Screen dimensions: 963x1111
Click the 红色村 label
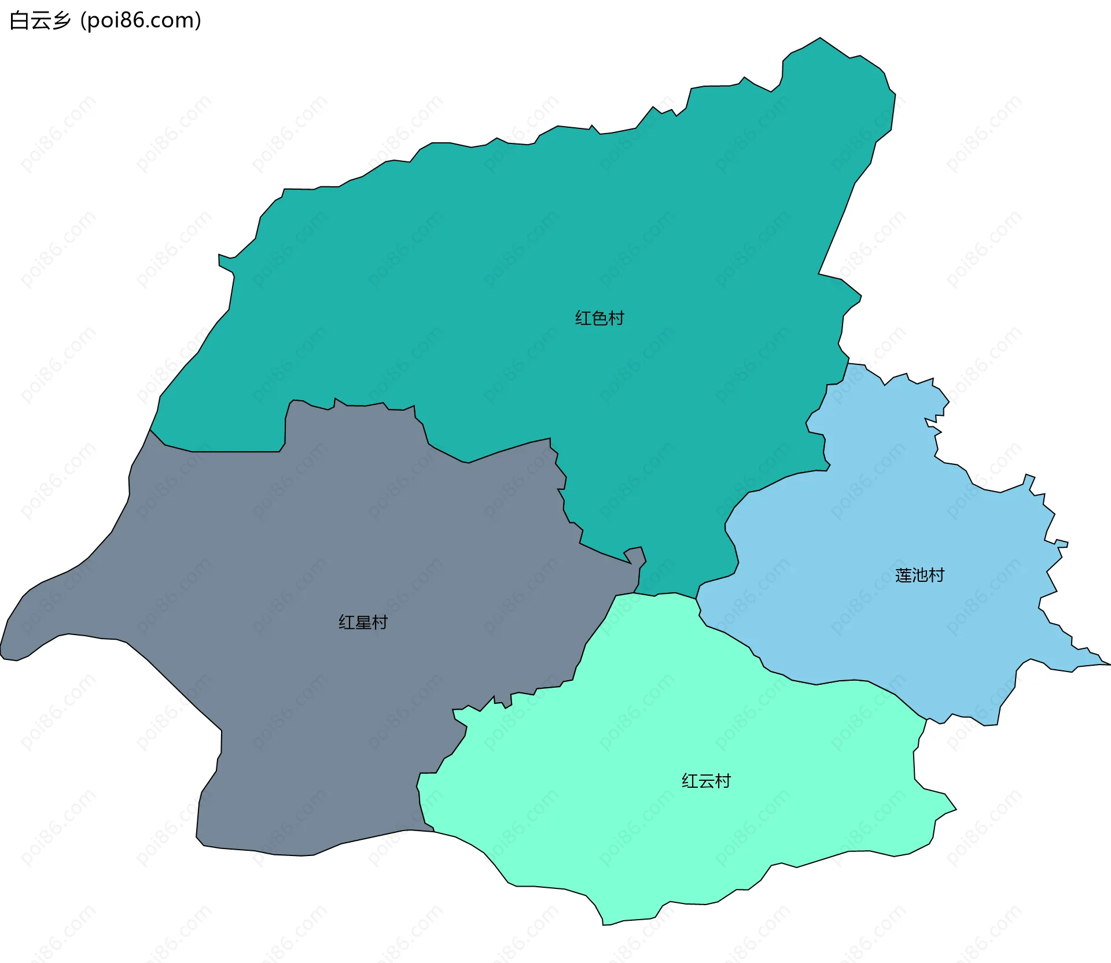click(x=599, y=318)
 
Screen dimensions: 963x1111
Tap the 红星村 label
click(x=363, y=622)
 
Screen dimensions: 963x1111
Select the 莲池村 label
click(x=919, y=575)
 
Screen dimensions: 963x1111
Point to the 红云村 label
click(x=706, y=781)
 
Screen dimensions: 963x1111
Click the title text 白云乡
click(x=40, y=21)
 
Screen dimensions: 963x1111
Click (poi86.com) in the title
click(x=141, y=21)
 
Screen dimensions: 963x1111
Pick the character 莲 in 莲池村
click(x=903, y=575)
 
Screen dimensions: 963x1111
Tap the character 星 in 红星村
click(x=363, y=622)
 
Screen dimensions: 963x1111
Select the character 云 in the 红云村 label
click(x=706, y=781)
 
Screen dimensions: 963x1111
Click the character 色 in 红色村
click(x=599, y=318)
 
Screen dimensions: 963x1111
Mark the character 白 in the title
click(x=19, y=21)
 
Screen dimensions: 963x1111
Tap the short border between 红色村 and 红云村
click(x=665, y=594)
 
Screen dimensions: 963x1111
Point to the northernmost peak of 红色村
click(x=820, y=38)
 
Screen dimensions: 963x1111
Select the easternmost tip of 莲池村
click(x=1109, y=665)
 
